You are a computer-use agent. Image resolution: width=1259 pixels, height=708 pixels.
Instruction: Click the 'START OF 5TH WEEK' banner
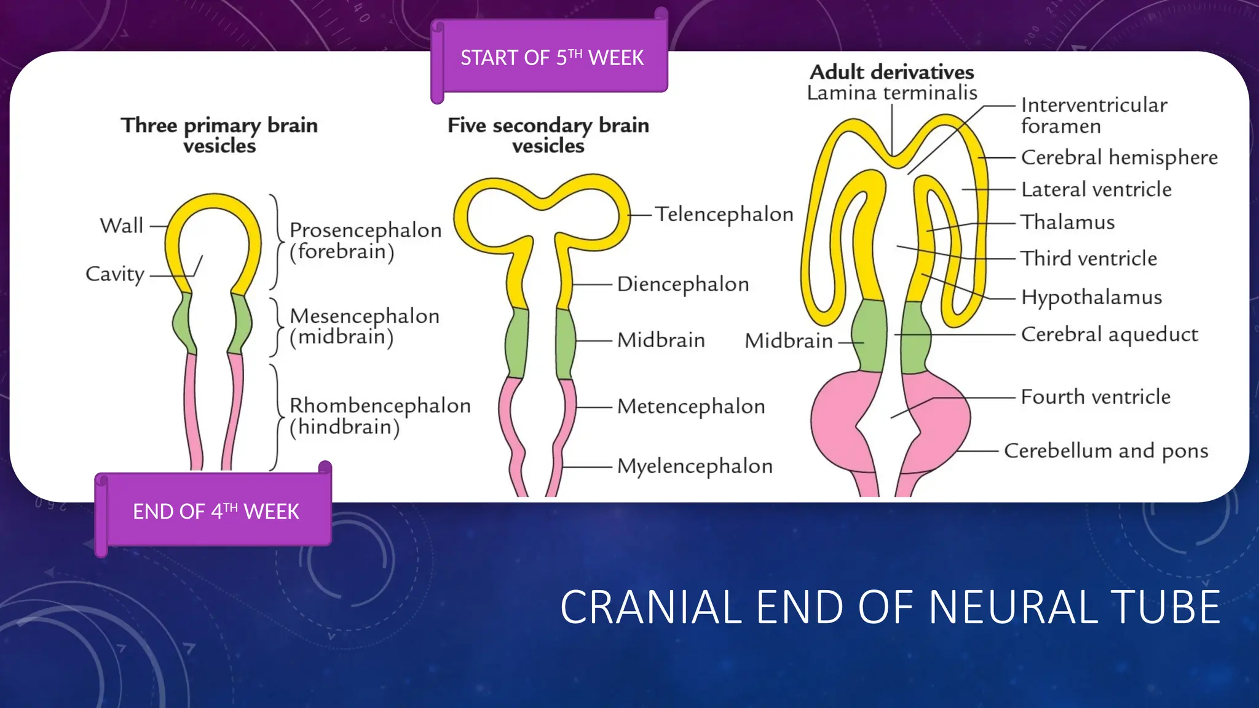[x=551, y=58]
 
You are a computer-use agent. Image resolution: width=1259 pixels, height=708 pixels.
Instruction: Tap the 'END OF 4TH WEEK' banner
[x=216, y=511]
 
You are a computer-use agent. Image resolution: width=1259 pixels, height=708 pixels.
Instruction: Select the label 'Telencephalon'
[x=724, y=214]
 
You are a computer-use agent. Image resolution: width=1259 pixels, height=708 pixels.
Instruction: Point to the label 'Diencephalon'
[x=682, y=284]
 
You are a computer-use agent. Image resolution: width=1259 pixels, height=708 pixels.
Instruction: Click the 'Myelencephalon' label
[x=695, y=466]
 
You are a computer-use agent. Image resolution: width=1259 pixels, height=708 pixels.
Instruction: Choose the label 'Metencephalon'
[x=691, y=406]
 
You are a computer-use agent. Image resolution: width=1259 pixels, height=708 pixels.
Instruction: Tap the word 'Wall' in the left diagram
[x=122, y=226]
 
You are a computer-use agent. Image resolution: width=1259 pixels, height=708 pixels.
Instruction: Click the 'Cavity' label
[x=115, y=274]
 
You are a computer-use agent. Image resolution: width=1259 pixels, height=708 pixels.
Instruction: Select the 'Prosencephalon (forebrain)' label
[x=365, y=240]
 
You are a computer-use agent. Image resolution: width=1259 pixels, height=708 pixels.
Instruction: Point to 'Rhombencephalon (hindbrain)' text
[x=379, y=416]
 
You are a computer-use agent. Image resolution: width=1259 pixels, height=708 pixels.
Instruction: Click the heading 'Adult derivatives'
[x=891, y=72]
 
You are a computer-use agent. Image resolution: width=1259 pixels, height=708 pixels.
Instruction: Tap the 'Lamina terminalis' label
[x=891, y=93]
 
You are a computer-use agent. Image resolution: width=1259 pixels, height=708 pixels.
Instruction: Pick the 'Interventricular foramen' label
[x=1093, y=116]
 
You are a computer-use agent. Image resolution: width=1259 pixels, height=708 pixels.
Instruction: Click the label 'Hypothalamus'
[x=1091, y=297]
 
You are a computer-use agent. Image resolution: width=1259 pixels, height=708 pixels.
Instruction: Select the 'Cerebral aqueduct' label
[x=1109, y=334]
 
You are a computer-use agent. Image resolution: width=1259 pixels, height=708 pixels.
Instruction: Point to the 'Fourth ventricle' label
[x=1095, y=397]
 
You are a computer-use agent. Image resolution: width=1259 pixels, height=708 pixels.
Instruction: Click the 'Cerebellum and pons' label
[x=1105, y=450]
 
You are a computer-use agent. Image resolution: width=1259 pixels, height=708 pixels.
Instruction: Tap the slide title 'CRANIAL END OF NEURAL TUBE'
[x=890, y=607]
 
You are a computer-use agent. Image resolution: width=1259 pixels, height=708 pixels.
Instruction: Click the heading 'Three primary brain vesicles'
[x=219, y=135]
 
